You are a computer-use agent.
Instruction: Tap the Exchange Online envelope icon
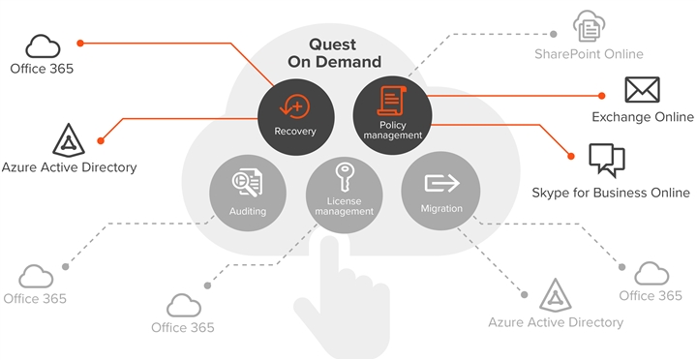pos(641,90)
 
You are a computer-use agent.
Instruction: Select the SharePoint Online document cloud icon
pos(589,26)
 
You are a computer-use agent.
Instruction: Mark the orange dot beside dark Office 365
pos(80,43)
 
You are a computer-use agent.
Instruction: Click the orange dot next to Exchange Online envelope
pos(602,96)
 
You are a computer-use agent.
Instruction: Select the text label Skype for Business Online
pos(611,193)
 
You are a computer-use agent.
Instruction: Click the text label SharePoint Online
pos(589,53)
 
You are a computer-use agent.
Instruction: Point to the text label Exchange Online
pos(643,117)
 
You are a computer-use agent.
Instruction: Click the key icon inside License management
pos(344,178)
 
